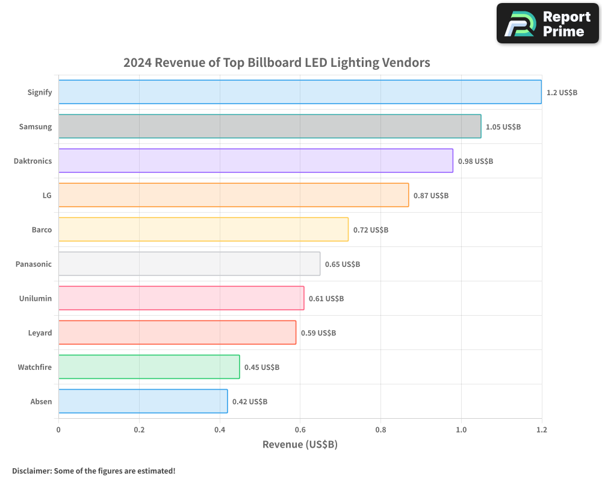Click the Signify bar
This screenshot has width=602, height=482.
(x=300, y=92)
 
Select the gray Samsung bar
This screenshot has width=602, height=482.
(x=270, y=127)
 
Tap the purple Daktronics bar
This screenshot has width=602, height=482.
(x=255, y=161)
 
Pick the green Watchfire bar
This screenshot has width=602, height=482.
(x=149, y=367)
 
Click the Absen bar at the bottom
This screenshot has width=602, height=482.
(x=143, y=401)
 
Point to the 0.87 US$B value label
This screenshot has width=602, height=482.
(x=431, y=196)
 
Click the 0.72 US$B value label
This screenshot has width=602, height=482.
(x=371, y=230)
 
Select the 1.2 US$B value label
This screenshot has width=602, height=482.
(x=562, y=93)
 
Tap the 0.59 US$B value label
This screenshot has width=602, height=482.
(x=318, y=333)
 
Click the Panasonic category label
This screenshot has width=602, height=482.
(x=34, y=264)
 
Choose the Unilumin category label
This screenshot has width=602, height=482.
(x=35, y=299)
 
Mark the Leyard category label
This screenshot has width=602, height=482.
(x=40, y=333)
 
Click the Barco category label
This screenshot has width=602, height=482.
(x=42, y=230)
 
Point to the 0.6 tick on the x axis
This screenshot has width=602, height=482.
(x=300, y=430)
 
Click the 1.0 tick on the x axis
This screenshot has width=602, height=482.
(x=461, y=430)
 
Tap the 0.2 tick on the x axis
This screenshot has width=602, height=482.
(x=139, y=430)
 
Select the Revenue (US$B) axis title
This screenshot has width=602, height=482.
(x=300, y=445)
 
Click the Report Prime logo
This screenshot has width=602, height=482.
(x=547, y=23)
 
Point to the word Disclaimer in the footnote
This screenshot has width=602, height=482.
(x=31, y=471)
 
